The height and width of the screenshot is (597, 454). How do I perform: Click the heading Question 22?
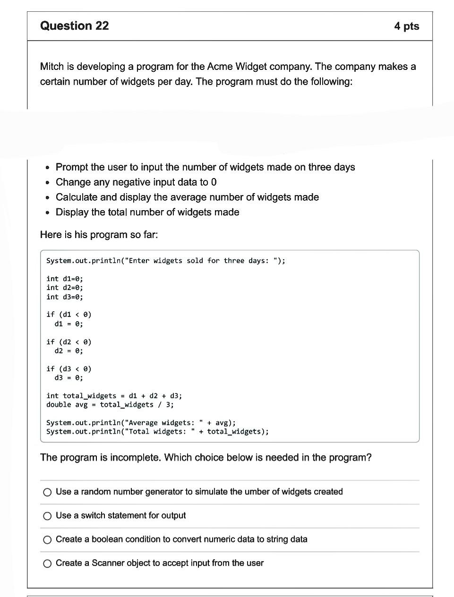(x=74, y=26)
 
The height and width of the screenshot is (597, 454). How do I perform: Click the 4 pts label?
(x=406, y=26)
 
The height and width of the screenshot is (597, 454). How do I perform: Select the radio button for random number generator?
(x=47, y=492)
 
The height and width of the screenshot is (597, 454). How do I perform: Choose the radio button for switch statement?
(x=47, y=516)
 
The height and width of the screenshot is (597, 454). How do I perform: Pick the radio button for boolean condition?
(x=47, y=540)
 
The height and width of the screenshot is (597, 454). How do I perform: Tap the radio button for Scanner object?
(x=47, y=563)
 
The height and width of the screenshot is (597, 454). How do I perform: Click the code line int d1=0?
(x=65, y=279)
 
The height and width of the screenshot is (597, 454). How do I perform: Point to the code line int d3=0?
(x=65, y=297)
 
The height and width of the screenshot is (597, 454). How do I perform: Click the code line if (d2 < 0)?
(x=69, y=341)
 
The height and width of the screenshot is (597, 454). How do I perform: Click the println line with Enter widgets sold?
(x=165, y=261)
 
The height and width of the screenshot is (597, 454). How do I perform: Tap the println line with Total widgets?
(x=157, y=432)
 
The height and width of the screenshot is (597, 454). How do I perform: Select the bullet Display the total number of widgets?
(x=147, y=213)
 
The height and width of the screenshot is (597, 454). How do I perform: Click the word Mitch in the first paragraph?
(x=52, y=67)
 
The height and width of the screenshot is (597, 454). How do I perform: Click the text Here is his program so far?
(x=99, y=235)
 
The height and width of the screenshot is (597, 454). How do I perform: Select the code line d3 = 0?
(x=69, y=378)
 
